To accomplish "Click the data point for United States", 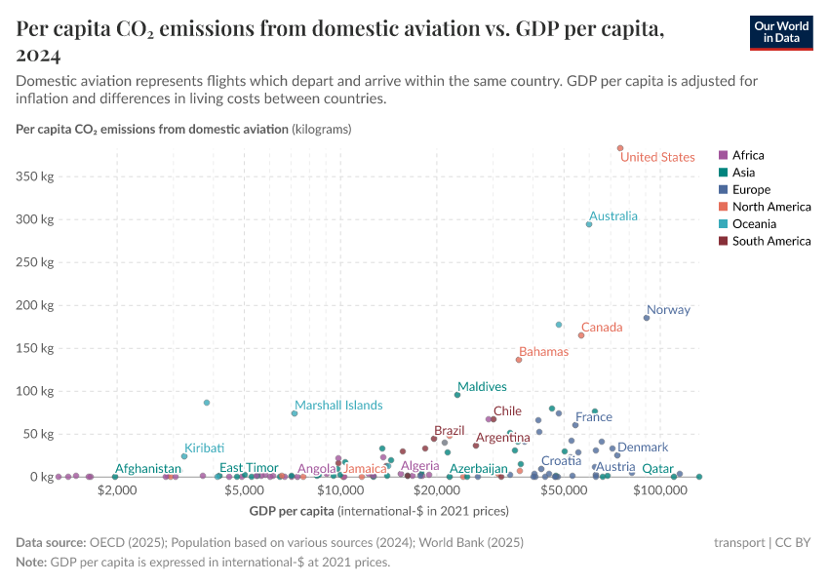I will pos(619,148).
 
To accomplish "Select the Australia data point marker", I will pos(589,224).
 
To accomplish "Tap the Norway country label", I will pos(668,310).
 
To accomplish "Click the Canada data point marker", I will pos(581,335).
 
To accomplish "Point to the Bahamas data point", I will pos(519,360).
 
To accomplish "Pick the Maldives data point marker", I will pos(456,395).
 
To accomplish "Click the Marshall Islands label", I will pos(338,406).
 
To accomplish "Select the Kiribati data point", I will pos(184,456).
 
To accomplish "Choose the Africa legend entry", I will pos(748,155).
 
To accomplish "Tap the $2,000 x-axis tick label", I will pos(117,492).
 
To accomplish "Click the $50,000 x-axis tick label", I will pos(564,492).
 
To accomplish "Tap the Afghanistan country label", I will pos(148,469).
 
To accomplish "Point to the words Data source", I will pos(50,543).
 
